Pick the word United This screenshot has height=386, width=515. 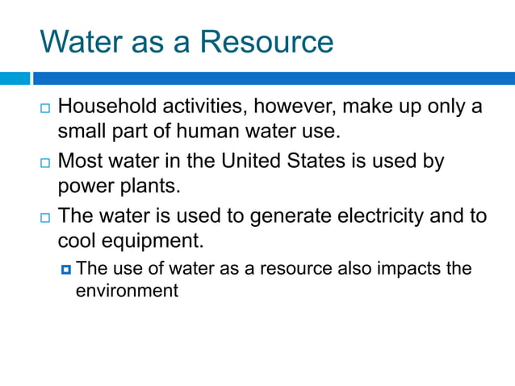point(257,162)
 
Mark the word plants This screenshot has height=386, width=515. point(149,187)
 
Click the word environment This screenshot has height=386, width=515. point(127,291)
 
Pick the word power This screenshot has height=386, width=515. point(83,187)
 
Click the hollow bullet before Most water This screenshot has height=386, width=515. point(45,163)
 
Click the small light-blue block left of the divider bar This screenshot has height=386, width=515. point(15,78)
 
